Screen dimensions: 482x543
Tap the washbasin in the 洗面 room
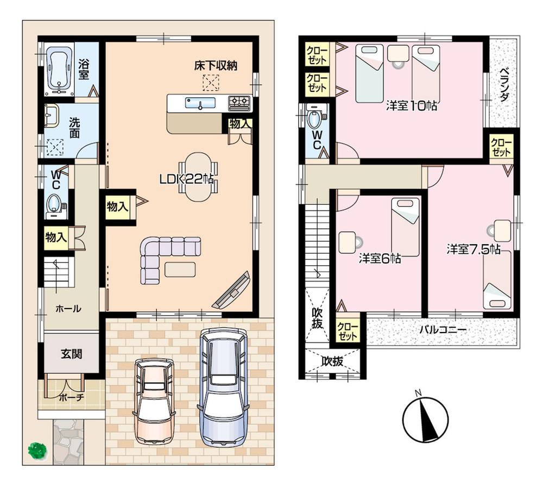(52, 116)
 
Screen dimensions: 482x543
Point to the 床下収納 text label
(216, 66)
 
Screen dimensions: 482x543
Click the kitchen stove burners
(239, 102)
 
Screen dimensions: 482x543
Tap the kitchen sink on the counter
(200, 103)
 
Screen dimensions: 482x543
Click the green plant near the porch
(37, 450)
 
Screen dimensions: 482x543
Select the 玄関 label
(71, 354)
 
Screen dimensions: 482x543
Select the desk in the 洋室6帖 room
(348, 242)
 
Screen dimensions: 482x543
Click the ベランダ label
(503, 85)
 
